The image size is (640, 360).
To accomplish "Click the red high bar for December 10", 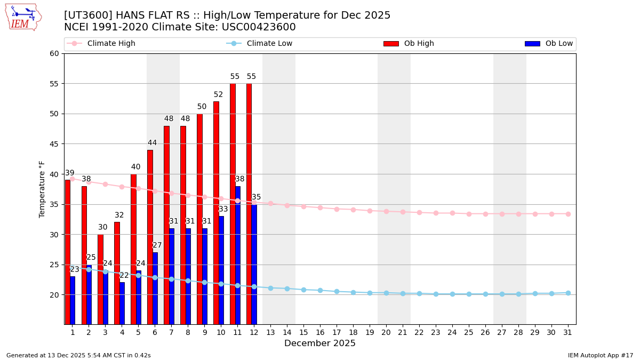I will coord(216,213).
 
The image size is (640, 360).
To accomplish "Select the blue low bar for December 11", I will coord(238,256).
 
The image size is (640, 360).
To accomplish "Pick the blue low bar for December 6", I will coord(155,288).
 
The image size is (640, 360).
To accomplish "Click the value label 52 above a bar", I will coord(218,95).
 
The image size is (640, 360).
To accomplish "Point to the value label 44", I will coord(152,143).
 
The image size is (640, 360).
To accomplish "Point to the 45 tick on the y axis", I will coord(54,144).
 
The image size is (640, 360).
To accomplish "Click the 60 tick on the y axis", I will coord(54,53).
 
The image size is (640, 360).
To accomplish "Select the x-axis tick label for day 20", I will coord(386,332).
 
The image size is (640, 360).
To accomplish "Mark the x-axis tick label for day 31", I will coord(567,332).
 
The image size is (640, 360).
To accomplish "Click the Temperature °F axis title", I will coord(43,189).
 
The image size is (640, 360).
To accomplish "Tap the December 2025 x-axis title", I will coord(319,343).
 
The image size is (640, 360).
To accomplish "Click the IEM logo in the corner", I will coord(23,17).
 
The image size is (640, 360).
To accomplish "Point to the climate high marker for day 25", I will coord(469,214).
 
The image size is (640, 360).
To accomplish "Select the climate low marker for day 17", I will coord(337,291).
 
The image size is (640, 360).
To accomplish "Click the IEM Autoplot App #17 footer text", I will coord(601,355).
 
